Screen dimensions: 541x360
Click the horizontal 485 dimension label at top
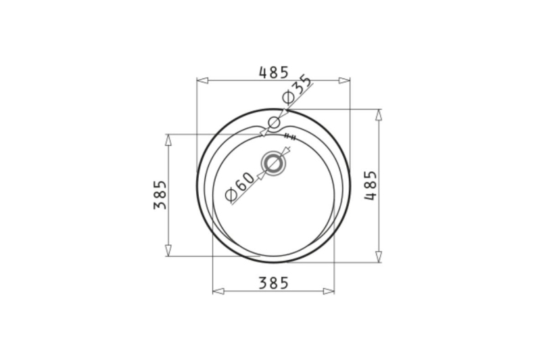click(273, 72)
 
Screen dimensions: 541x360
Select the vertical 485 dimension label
click(371, 185)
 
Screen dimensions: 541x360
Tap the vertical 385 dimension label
click(160, 195)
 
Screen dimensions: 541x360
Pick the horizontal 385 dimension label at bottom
click(273, 283)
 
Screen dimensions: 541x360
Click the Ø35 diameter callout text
click(297, 89)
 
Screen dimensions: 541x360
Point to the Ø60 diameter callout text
click(239, 186)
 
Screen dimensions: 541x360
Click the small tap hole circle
click(274, 122)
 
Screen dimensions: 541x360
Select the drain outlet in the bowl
click(274, 163)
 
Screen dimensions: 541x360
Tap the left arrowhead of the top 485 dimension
click(202, 81)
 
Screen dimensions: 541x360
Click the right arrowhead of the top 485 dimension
click(344, 81)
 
